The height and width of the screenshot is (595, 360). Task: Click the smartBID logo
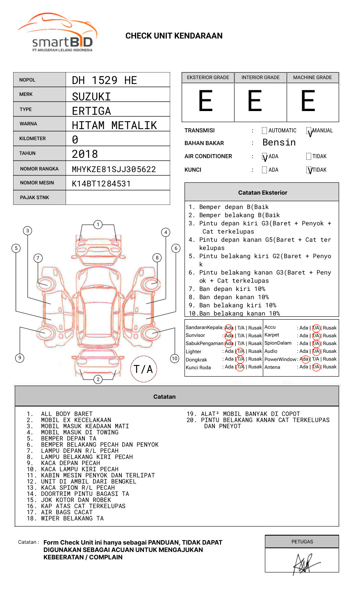coord(57,32)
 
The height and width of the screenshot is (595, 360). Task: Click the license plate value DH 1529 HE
coord(104,80)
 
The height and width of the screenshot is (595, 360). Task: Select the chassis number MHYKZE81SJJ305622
coord(114,169)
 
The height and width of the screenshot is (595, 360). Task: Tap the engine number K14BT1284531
coord(101,184)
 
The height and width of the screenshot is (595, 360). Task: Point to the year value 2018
coord(85,154)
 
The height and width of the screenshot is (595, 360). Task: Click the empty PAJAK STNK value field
coord(118,198)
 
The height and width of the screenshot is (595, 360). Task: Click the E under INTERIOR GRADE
coord(255,100)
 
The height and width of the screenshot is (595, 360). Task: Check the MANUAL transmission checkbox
coord(309,130)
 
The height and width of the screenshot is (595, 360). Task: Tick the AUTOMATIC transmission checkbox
coord(264,130)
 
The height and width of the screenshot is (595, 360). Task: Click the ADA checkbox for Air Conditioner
coord(264,156)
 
